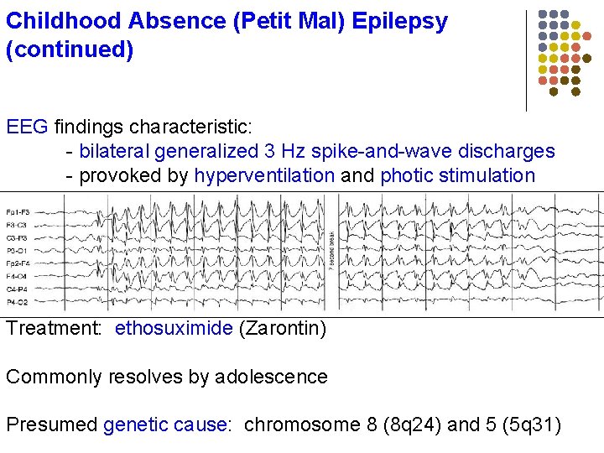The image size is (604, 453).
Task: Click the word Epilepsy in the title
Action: (x=399, y=20)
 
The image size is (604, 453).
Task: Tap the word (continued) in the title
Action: (x=70, y=49)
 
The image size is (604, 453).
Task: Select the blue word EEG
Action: (x=28, y=128)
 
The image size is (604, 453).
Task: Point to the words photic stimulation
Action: (x=457, y=175)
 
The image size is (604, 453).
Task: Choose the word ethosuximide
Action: (x=174, y=328)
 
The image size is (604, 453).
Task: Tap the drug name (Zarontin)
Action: (x=283, y=328)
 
